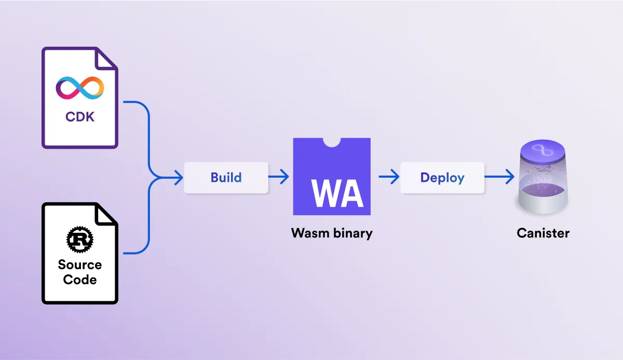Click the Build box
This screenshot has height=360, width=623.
pyautogui.click(x=226, y=178)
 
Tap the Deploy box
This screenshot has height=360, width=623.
pyautogui.click(x=442, y=178)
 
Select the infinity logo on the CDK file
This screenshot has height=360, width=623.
pyautogui.click(x=80, y=88)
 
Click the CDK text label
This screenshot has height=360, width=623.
pyautogui.click(x=80, y=116)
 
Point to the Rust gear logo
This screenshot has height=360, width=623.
pyautogui.click(x=80, y=239)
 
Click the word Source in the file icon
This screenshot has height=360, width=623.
pyautogui.click(x=80, y=264)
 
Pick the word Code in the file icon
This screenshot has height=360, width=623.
pyautogui.click(x=80, y=279)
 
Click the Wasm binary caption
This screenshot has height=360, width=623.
pyautogui.click(x=332, y=233)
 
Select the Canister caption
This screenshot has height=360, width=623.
pyautogui.click(x=543, y=233)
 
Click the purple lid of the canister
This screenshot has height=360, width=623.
pyautogui.click(x=543, y=152)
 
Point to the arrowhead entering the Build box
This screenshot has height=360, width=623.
pyautogui.click(x=179, y=178)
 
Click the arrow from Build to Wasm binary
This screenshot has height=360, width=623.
pyautogui.click(x=279, y=178)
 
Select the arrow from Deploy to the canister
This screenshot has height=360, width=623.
pyautogui.click(x=499, y=178)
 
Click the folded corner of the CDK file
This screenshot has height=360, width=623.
pyautogui.click(x=107, y=58)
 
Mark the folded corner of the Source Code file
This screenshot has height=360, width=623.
pyautogui.click(x=107, y=213)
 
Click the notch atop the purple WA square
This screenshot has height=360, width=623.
pyautogui.click(x=332, y=142)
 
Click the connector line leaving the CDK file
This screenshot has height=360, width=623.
pyautogui.click(x=136, y=103)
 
